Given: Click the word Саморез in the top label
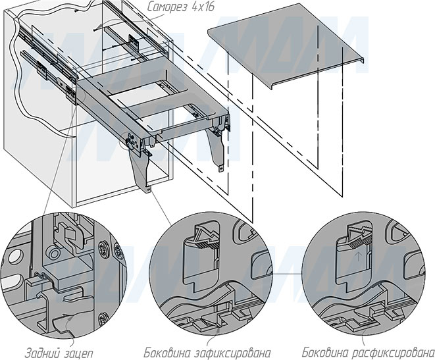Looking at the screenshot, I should coord(164,9).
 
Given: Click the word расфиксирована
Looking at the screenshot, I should coord(393,351).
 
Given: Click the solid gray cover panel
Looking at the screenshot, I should coord(283,53).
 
